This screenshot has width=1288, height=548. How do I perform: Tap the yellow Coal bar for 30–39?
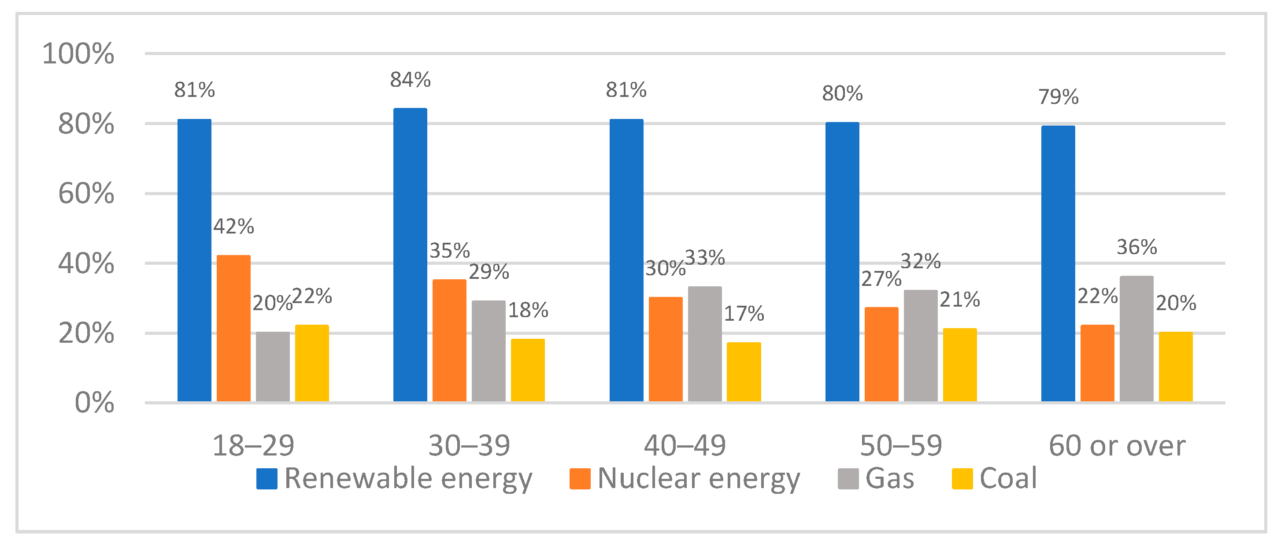coord(528,370)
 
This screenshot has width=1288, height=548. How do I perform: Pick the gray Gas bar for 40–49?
coord(704,344)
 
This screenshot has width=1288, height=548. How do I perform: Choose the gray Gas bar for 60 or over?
coord(1136,338)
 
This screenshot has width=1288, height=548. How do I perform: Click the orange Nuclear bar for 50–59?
coord(881,354)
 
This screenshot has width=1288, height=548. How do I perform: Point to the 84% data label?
coord(410,79)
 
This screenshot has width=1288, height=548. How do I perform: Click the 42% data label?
coord(233,226)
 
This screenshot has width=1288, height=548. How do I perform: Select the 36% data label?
coord(1136,247)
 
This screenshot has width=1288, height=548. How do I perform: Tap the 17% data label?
coord(744,314)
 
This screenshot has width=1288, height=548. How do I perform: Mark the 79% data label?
coord(1058,96)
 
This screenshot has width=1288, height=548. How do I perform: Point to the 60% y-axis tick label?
coord(85,193)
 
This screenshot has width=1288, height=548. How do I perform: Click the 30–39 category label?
coord(469,445)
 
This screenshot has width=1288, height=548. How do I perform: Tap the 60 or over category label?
coord(1117,445)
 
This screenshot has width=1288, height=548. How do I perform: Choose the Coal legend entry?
coord(995,478)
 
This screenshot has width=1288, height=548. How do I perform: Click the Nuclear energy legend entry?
coord(685,478)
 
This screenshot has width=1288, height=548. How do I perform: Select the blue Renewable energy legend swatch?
coord(266,478)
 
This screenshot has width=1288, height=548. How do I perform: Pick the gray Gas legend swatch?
coord(848,478)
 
